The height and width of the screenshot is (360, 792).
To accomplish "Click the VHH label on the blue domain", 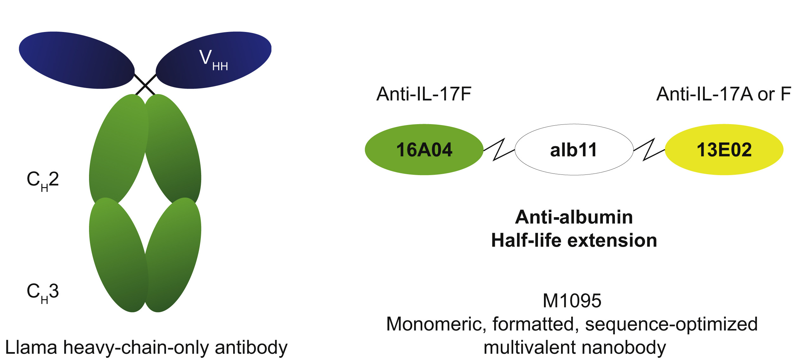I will point(213,60).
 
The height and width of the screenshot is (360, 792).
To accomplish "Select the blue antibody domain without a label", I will point(76,60).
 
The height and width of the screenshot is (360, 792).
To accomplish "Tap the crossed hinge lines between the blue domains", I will point(145,85).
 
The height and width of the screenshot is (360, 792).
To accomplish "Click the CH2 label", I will point(43,180).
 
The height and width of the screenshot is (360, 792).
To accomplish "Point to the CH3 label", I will point(43,292).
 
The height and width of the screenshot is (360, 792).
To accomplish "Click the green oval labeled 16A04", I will point(424,149).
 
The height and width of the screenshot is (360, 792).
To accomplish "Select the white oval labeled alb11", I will point(574,149).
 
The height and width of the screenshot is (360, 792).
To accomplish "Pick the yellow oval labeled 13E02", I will point(724,149).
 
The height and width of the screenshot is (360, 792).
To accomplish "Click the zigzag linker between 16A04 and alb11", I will point(499,150).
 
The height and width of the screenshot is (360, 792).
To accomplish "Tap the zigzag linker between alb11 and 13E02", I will point(649,150).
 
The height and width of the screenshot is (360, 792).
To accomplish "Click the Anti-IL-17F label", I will point(424,94).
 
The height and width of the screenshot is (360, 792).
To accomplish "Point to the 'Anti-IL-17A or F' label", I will point(723,94).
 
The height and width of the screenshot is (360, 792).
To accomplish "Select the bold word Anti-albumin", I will point(574,217).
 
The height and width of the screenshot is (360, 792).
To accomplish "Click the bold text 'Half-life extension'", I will point(574,240).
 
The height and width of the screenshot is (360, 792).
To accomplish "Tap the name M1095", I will point(572,300).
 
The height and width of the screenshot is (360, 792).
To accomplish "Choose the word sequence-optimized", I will point(671,324).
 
